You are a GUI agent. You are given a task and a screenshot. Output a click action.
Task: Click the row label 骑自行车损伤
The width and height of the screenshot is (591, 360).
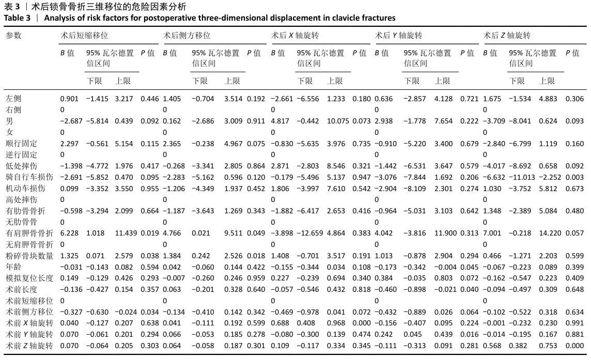(29, 177)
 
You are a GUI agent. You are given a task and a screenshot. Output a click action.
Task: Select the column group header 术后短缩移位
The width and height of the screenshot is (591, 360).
(84, 36)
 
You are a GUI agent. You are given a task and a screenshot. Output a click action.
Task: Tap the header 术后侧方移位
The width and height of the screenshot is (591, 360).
(186, 36)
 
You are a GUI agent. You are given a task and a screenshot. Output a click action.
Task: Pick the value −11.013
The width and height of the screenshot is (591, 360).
(522, 177)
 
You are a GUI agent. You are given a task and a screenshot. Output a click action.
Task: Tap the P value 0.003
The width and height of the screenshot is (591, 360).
(575, 177)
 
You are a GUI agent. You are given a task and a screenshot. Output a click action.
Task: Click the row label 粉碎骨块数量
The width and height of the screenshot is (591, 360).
(29, 256)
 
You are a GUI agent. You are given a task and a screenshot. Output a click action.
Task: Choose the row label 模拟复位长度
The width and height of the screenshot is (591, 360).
(29, 278)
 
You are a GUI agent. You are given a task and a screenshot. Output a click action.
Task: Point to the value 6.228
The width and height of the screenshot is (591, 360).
(69, 233)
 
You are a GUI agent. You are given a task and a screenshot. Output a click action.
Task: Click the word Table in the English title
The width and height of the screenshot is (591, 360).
(14, 18)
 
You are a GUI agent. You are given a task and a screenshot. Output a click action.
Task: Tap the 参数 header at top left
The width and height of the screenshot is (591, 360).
(13, 36)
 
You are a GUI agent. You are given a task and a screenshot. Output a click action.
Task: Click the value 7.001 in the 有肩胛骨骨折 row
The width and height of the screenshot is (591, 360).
(492, 233)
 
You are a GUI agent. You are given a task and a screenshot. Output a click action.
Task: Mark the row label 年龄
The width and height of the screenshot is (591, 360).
(13, 267)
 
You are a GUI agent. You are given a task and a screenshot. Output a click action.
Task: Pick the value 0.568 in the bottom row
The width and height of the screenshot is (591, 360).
(492, 346)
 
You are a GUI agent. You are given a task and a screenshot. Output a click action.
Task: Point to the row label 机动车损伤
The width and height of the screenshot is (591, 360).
(25, 189)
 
